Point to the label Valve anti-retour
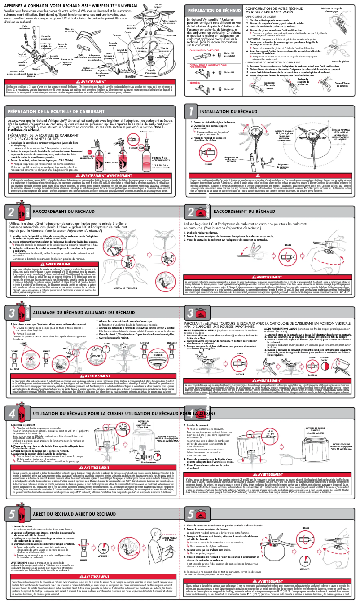coord(24,28)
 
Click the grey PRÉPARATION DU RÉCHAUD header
coord(211,10)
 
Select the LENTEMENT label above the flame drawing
coord(171,318)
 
